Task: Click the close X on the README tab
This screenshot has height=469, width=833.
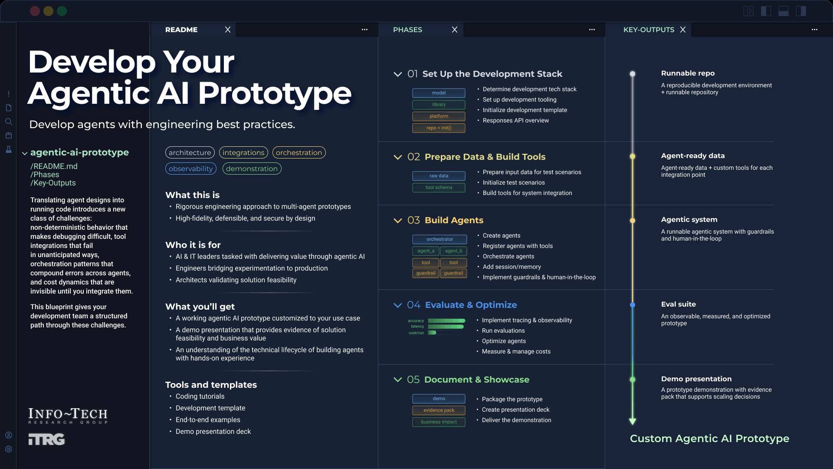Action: click(x=228, y=30)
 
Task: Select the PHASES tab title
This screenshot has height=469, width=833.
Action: click(x=407, y=30)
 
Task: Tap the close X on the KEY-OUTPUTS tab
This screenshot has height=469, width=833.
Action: click(x=683, y=30)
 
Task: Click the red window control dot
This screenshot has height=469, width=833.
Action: click(x=35, y=11)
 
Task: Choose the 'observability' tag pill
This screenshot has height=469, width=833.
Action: click(x=191, y=168)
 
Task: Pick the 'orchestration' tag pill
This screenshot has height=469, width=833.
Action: click(x=299, y=152)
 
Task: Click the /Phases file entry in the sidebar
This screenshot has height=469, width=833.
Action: click(x=45, y=175)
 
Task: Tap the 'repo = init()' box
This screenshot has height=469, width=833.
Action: click(x=439, y=128)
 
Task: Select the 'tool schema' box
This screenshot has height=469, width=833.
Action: click(x=439, y=188)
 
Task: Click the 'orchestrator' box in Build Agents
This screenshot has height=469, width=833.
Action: click(x=439, y=239)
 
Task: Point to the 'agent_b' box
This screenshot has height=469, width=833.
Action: click(x=453, y=251)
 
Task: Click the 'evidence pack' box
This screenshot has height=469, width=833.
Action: click(x=439, y=410)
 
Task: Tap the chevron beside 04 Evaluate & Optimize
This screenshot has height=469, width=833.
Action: click(x=397, y=305)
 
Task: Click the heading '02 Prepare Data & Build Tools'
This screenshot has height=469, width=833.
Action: click(x=476, y=157)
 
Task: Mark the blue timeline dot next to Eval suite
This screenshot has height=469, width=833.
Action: click(x=633, y=305)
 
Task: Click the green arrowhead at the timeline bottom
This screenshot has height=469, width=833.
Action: click(x=633, y=421)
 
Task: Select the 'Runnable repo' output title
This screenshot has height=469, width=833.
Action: click(x=688, y=73)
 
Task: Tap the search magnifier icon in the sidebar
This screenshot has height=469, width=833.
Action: click(x=9, y=122)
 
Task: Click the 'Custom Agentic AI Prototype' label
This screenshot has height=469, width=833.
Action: click(x=709, y=439)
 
